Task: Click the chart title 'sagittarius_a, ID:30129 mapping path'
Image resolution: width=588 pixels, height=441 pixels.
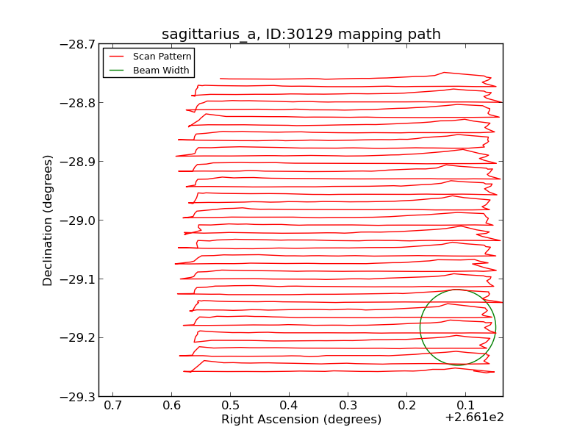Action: tap(301, 35)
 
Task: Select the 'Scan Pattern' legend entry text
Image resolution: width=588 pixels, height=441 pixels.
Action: tap(162, 57)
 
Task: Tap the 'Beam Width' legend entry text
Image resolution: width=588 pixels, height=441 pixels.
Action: tap(161, 71)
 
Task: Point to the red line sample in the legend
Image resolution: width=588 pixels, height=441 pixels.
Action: tap(116, 57)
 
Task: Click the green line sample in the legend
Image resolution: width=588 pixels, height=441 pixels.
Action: tap(116, 71)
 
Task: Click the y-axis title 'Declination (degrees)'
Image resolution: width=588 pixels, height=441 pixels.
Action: tap(49, 220)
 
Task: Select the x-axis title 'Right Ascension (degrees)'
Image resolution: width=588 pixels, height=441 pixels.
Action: tap(301, 420)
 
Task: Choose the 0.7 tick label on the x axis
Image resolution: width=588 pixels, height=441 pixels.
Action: tap(112, 406)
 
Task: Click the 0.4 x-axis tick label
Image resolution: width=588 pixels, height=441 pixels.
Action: tap(289, 406)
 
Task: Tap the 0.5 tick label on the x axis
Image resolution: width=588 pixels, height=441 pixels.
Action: tap(230, 406)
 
